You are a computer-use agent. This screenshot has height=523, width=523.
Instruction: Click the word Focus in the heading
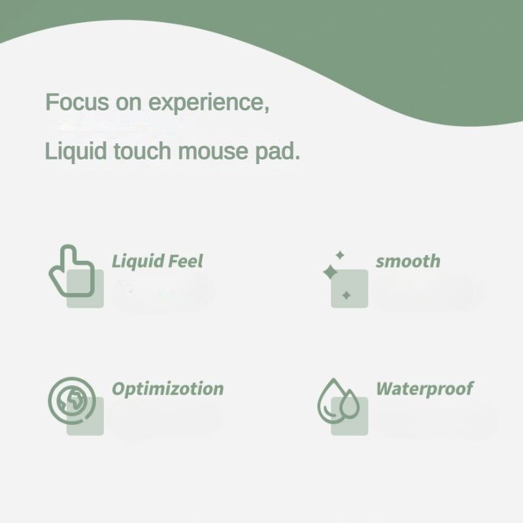pos(77,102)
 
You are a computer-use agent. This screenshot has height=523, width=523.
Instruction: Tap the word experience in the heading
pos(209,103)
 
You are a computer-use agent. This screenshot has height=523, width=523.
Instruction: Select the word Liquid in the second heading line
pos(76,152)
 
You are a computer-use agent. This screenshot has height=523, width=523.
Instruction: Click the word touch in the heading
pos(143,151)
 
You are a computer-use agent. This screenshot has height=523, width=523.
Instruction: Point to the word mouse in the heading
pos(213,152)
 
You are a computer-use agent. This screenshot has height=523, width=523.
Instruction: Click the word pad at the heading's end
pos(277,152)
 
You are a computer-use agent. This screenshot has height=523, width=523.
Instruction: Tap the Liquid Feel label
pos(158,261)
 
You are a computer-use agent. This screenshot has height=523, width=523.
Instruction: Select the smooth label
pos(408,261)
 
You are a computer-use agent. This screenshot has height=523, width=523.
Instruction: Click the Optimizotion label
pos(168,388)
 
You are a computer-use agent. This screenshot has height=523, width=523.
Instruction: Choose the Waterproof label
pos(424,388)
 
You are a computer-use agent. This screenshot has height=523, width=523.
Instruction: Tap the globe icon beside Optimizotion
pos(72,400)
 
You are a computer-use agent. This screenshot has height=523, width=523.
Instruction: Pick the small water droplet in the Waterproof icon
pos(349,404)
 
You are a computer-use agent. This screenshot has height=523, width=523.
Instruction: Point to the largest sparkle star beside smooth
pos(330,272)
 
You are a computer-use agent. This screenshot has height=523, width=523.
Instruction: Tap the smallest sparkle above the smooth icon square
pos(340,255)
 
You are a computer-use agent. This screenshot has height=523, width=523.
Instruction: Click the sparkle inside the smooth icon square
pos(346,295)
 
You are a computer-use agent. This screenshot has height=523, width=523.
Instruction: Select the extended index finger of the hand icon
pos(68,258)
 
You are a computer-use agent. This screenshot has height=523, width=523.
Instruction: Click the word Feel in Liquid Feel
pos(186,261)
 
